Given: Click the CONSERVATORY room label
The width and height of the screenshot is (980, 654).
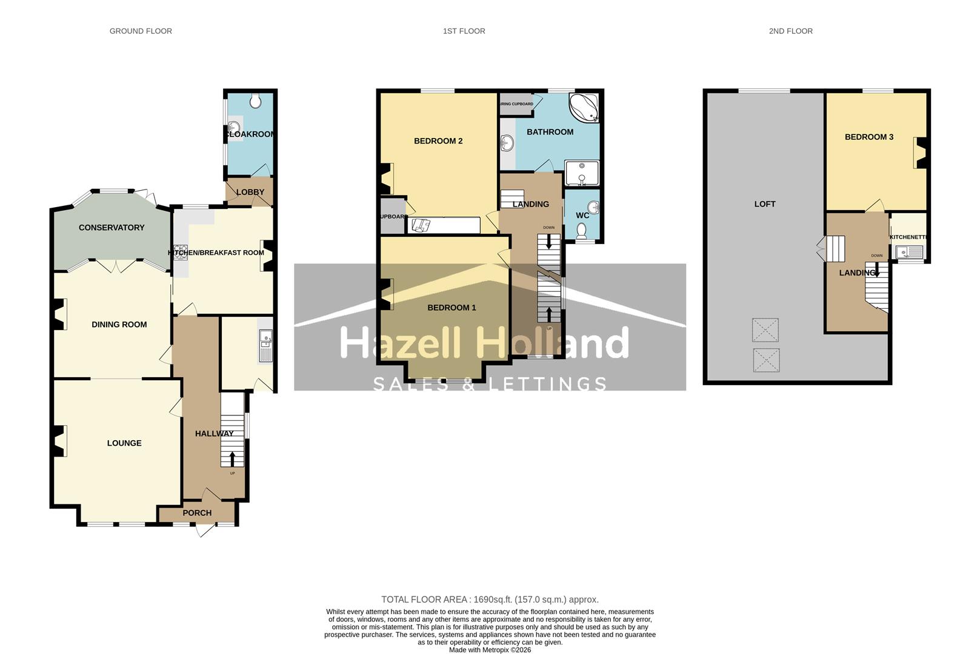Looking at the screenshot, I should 112,228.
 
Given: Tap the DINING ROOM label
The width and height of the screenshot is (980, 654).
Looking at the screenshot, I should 119,325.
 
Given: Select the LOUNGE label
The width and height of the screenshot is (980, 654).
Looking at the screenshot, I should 124,443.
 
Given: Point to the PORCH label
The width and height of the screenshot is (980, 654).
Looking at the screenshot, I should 197,513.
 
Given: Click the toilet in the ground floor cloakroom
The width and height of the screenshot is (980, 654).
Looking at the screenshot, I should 255,101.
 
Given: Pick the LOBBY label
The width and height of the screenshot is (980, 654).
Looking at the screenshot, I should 250,192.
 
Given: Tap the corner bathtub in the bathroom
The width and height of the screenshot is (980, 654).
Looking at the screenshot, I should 584,107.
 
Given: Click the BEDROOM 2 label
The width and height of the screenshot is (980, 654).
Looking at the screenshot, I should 438,141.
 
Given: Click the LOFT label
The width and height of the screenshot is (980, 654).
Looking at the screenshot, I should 765,204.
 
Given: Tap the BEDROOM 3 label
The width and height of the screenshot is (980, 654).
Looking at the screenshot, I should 869,137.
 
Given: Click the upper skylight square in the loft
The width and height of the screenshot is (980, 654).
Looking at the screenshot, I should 765,330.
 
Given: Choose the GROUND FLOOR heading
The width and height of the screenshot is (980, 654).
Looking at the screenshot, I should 141,31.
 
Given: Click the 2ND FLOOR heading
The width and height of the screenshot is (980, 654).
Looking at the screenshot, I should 791,31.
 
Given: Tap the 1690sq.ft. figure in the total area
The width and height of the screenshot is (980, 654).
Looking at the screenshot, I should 491,599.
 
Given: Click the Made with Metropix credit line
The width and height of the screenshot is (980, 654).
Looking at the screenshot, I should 490,650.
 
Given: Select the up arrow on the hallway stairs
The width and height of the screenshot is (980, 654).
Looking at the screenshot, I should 232,458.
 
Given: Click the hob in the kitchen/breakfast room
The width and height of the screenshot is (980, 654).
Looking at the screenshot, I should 180,252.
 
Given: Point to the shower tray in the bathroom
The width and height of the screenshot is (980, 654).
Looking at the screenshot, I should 582,173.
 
